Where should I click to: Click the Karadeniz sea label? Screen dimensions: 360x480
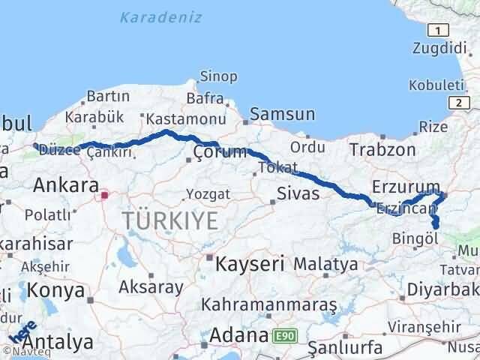point(161,16)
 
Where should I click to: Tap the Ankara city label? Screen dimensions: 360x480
point(66,185)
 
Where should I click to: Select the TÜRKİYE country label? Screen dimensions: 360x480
point(171,220)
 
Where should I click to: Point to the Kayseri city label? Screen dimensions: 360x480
point(250,263)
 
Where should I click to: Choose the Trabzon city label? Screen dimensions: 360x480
point(382,149)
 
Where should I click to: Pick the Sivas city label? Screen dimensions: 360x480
point(298,193)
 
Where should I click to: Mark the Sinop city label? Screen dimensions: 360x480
point(218,76)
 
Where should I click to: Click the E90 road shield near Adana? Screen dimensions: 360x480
point(281,335)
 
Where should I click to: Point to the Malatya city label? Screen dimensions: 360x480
point(325,264)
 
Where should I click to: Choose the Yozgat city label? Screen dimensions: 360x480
point(203,193)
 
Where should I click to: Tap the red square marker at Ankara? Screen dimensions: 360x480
point(105,196)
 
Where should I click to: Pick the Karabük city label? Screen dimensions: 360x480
point(94,117)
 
